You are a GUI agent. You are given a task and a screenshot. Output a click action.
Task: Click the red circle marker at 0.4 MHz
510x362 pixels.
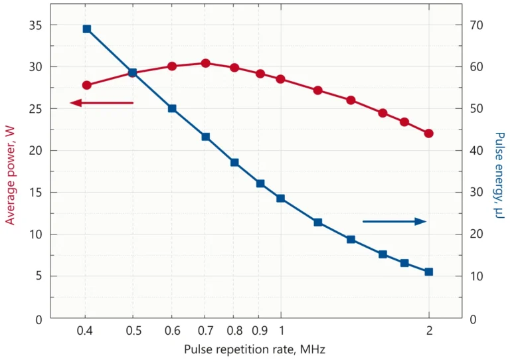click(x=86, y=85)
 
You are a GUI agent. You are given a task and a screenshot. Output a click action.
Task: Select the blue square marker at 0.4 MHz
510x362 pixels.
click(x=86, y=29)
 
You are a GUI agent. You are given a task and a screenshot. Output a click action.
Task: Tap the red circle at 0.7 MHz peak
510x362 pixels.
click(x=205, y=64)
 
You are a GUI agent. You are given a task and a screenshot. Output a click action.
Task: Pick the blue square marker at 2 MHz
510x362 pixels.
click(x=428, y=272)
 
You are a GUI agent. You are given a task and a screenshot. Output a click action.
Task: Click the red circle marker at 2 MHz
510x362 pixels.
click(x=428, y=134)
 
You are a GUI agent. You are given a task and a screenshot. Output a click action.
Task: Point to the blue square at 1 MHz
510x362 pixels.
click(x=280, y=198)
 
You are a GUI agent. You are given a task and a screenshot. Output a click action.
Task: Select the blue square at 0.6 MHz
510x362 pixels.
click(x=172, y=108)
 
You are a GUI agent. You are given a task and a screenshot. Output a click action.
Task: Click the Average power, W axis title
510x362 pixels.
click(x=11, y=176)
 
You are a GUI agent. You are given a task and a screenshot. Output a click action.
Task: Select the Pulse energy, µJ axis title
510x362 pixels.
click(x=499, y=176)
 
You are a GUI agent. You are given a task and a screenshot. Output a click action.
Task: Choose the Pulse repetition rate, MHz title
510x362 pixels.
click(x=254, y=349)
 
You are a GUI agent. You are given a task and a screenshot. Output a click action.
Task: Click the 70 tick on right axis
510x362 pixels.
click(x=477, y=25)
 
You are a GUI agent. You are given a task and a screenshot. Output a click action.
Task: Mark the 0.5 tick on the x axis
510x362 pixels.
click(x=133, y=330)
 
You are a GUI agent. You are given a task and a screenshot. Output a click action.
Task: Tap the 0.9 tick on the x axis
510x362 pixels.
click(x=260, y=330)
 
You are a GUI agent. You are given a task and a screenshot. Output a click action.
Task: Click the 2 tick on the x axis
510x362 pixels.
click(x=429, y=330)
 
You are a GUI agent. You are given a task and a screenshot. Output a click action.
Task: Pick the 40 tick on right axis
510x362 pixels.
click(x=477, y=151)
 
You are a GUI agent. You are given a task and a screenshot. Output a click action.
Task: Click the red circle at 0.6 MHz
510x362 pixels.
click(x=172, y=66)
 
